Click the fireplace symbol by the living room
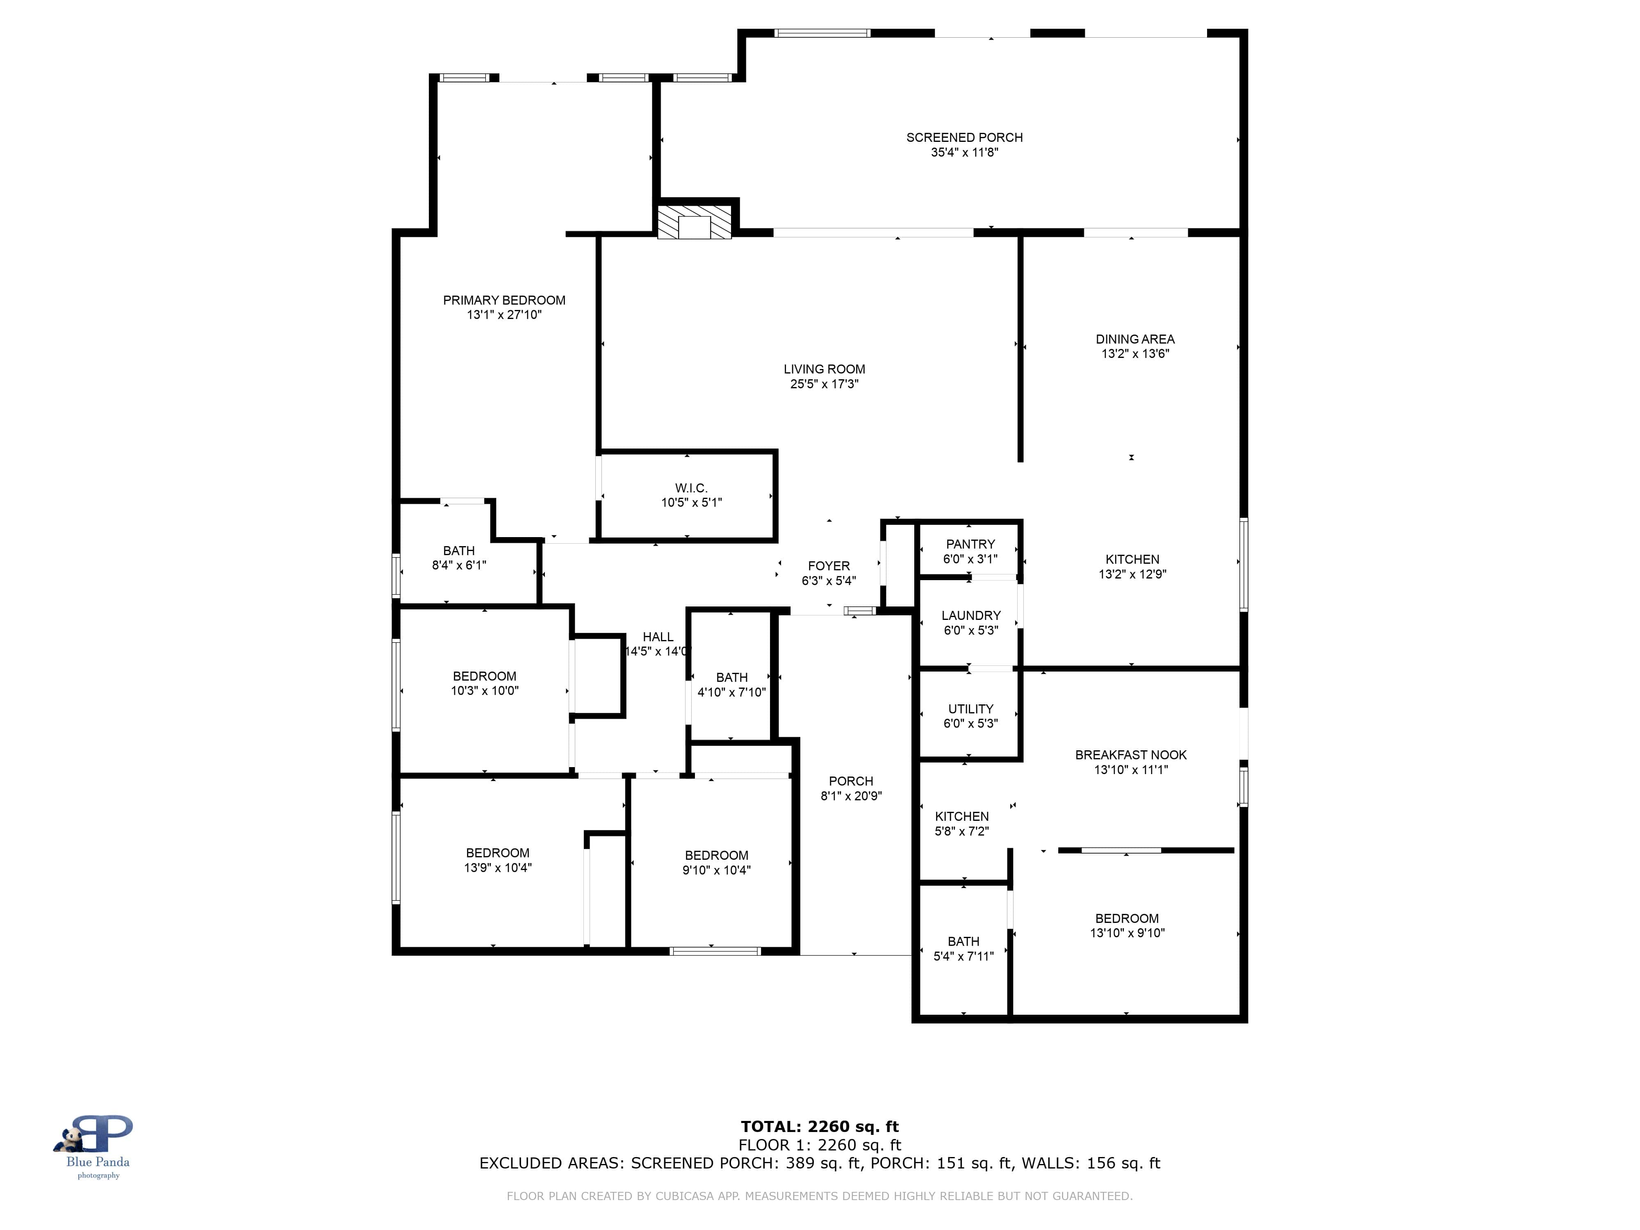(x=694, y=222)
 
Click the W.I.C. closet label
(x=691, y=488)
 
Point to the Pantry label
(x=970, y=544)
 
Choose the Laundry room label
(x=970, y=615)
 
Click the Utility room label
(x=970, y=709)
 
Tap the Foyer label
(x=828, y=566)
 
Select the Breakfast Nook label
(x=1131, y=755)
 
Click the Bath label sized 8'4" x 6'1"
(x=458, y=551)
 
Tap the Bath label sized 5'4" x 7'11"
(x=963, y=942)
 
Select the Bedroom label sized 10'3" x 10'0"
(x=484, y=676)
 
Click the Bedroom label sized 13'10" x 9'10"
(x=1126, y=919)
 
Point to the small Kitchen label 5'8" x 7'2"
(x=961, y=816)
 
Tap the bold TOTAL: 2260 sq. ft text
(x=819, y=1127)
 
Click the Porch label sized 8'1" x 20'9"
(x=850, y=781)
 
